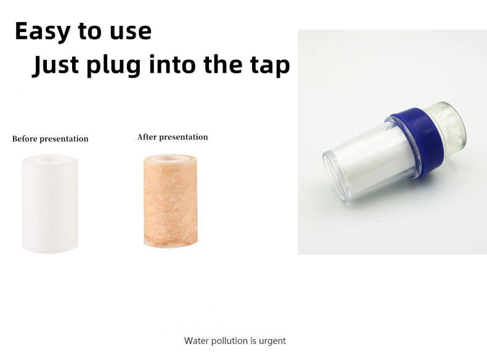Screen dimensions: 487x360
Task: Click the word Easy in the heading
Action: coord(43,31)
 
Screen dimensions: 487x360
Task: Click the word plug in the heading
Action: coord(113,65)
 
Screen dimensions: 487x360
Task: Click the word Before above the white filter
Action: coord(25,139)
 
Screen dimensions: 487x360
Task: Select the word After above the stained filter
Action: coord(147,137)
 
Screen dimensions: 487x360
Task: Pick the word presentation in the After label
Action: coord(183,137)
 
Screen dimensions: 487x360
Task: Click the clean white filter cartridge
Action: coord(50,203)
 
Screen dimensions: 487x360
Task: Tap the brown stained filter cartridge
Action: coord(171,201)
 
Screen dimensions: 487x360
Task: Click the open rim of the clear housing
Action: coord(334,176)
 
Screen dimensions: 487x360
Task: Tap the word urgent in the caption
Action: coord(272,342)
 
